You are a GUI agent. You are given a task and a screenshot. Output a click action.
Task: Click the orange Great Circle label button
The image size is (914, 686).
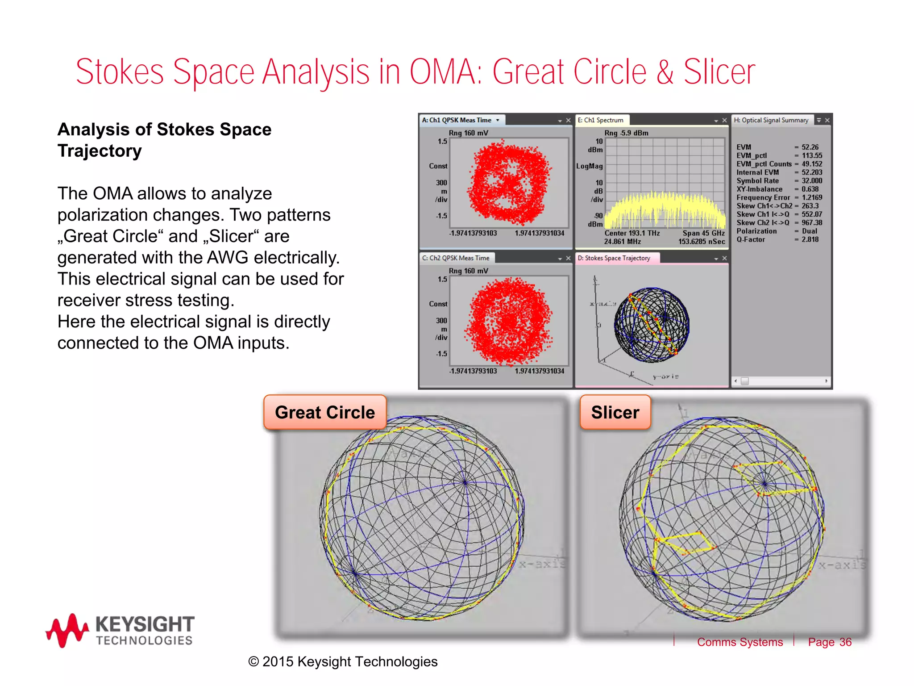[325, 412]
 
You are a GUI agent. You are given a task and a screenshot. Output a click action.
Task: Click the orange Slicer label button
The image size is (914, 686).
[615, 412]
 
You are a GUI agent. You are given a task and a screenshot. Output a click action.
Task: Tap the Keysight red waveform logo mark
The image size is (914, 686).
[67, 630]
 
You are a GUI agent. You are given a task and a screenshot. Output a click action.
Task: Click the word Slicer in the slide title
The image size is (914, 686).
[719, 72]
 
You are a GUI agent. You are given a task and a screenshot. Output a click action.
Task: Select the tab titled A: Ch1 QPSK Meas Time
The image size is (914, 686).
[457, 120]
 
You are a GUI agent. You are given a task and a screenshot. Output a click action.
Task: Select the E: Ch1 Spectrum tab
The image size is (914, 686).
[601, 120]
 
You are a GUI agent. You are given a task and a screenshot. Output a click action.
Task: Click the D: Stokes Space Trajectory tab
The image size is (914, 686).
[614, 258]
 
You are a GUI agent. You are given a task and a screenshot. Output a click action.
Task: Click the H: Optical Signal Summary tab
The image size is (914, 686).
[771, 120]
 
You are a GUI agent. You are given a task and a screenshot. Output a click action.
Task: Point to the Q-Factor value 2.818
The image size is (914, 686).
[810, 239]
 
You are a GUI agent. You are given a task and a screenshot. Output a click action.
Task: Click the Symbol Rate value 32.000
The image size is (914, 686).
[811, 181]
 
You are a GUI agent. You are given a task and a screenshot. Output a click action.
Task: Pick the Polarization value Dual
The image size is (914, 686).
[809, 231]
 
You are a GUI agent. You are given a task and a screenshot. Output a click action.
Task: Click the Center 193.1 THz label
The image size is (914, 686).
[632, 233]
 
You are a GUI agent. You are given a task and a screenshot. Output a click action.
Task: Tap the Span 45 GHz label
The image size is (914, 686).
[703, 233]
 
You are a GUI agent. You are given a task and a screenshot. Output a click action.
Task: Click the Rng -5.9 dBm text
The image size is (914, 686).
[626, 133]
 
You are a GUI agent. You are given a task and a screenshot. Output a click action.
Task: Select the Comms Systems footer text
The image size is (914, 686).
[740, 642]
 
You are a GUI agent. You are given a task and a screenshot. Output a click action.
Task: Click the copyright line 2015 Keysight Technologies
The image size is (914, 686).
[343, 661]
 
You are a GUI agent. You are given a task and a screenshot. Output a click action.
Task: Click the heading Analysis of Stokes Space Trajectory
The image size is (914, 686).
[164, 140]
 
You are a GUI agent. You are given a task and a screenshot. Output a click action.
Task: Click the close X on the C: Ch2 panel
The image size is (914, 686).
[568, 259]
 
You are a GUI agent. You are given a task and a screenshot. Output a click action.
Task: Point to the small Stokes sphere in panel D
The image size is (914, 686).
[652, 325]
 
